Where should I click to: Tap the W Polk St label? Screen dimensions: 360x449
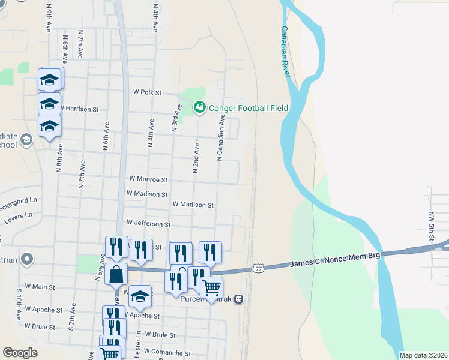pos(148,92)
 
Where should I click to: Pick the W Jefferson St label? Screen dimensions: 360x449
pos(149,223)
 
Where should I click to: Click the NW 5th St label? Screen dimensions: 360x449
pos(431,223)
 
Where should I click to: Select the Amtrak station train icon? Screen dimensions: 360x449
pos(239,299)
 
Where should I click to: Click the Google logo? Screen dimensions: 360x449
pos(20,353)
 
